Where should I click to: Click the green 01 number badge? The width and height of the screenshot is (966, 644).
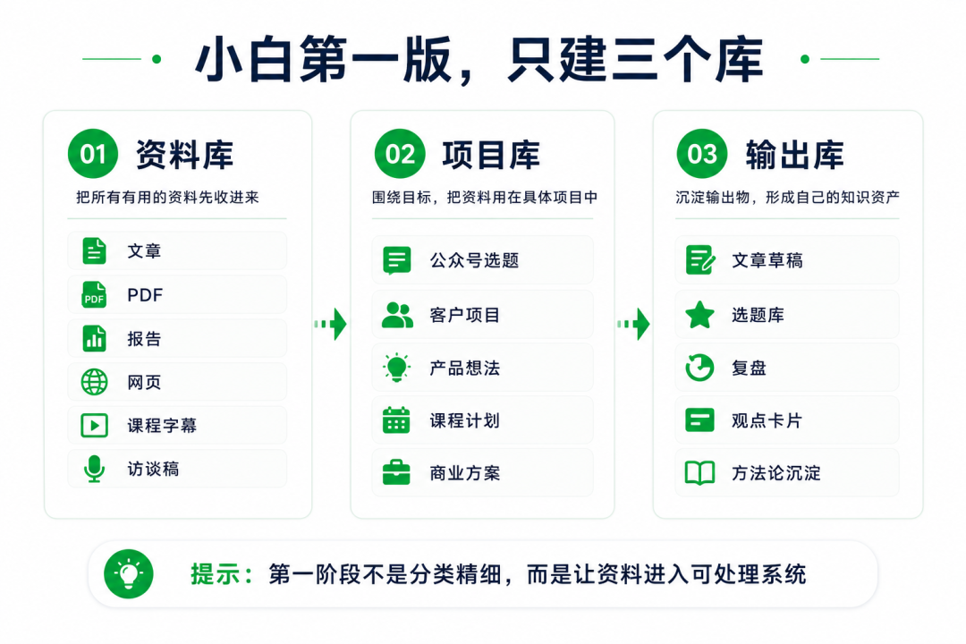coord(93,154)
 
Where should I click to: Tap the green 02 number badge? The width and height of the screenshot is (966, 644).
coord(400,154)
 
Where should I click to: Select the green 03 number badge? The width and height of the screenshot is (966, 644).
coord(702,154)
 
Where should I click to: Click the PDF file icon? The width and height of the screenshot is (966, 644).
coord(94,294)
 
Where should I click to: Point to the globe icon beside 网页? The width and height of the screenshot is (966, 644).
coord(94,382)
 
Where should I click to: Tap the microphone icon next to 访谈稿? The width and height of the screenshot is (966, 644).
coord(94,469)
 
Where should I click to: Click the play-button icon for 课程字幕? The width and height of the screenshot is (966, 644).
coord(94,425)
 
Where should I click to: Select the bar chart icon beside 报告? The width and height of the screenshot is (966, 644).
coord(94,338)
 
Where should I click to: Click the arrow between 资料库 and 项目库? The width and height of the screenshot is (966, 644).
coord(331,324)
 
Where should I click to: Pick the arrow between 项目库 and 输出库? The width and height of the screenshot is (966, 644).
coord(633,324)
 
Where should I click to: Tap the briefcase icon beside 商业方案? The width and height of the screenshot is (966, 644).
coord(396,472)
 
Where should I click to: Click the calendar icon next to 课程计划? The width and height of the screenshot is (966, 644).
coord(396,420)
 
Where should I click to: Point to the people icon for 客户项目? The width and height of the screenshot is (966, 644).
coord(397,315)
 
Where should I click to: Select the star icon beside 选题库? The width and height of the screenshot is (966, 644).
coord(699,315)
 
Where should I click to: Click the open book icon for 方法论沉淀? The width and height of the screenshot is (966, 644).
coord(699,472)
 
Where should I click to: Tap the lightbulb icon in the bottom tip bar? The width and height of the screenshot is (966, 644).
coord(129,573)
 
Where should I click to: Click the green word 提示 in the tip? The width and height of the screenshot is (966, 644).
coord(215,574)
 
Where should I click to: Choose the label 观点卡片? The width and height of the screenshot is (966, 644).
coord(767,420)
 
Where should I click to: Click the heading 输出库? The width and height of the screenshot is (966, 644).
coord(795,154)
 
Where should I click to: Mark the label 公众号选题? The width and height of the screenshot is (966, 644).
coord(474,260)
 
